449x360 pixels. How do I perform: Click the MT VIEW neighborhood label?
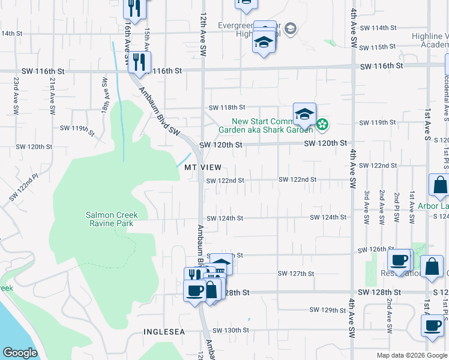pos(203,167)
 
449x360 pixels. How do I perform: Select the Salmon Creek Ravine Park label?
pos(112,219)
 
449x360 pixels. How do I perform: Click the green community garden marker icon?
pos(322,125)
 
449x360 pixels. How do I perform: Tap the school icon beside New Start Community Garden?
pos(304,114)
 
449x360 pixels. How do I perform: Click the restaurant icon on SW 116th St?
pos(139,62)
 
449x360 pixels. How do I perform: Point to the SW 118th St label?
pos(226,107)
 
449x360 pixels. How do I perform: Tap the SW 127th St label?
pos(296,274)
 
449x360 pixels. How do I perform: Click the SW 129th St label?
pos(328,310)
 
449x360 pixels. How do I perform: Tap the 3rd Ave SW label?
pos(366,206)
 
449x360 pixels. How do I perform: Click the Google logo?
pos(20,353)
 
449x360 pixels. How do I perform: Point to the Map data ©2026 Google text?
pos(411,355)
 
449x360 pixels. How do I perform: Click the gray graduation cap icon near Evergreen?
pos(291,29)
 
